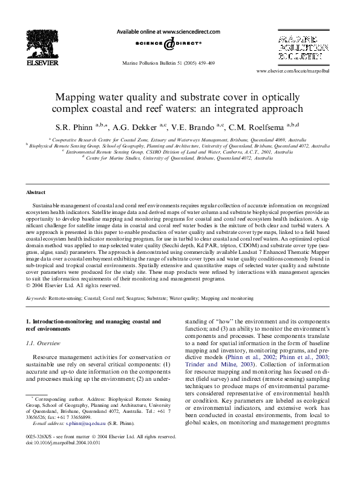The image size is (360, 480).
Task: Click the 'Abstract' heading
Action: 36,192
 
